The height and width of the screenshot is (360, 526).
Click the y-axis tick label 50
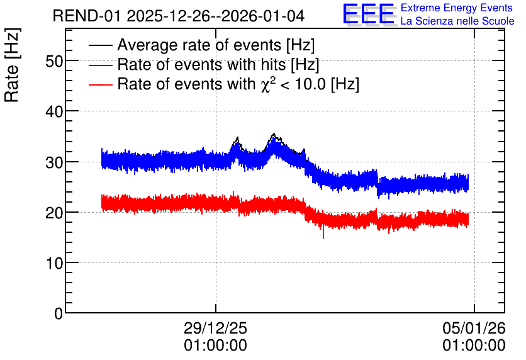coord(54,62)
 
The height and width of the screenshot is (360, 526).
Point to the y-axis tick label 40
coord(54,111)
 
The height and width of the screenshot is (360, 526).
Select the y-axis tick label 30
coord(54,162)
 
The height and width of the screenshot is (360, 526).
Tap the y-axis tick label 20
coord(54,213)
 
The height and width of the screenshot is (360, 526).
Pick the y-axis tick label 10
coord(54,263)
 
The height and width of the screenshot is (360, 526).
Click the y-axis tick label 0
coord(59,313)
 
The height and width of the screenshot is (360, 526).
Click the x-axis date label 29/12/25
coord(215,328)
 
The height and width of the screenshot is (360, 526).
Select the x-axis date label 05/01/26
coord(474,328)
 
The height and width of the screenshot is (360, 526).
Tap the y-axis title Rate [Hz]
coord(12,65)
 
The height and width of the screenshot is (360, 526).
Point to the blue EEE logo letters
coord(368,14)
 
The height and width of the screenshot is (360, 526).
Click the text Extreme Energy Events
coord(457,8)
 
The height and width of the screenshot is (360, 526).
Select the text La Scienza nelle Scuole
coord(457,21)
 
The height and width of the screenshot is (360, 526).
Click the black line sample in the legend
coord(101,45)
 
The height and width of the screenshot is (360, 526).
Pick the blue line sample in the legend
coord(101,65)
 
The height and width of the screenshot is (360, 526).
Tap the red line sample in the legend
coord(101,84)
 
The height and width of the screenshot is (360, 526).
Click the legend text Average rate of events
coord(199,45)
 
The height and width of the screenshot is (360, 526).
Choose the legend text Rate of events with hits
coord(201,64)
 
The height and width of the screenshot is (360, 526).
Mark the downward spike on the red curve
coord(323,232)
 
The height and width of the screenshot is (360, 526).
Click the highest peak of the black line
coord(274,133)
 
